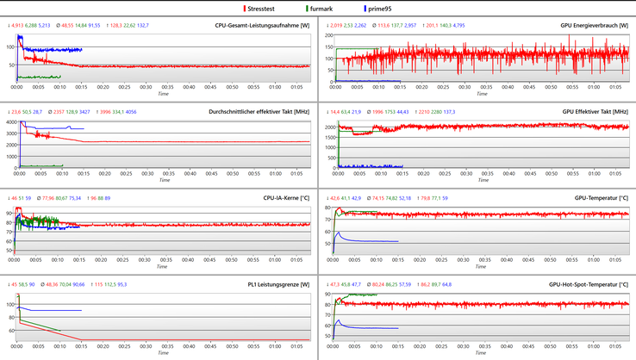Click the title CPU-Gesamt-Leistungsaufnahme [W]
(x=262, y=26)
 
